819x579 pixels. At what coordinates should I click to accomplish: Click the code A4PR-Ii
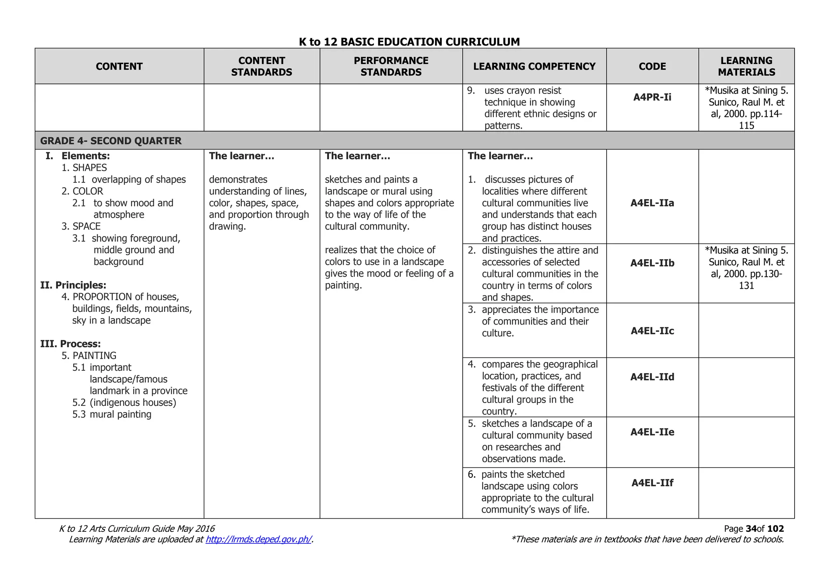[652, 97]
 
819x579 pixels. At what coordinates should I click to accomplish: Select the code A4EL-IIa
[652, 203]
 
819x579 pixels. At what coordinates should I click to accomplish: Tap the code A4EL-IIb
[652, 263]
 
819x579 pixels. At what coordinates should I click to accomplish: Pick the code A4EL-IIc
[652, 331]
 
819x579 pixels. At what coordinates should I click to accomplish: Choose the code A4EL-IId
[652, 377]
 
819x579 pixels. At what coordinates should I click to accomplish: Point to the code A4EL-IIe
[652, 432]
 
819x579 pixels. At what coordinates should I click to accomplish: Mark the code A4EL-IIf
[652, 483]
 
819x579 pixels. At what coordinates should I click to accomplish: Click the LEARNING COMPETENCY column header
[534, 66]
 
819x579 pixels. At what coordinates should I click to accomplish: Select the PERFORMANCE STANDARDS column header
[391, 66]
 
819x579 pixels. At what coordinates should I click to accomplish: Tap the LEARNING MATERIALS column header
[746, 66]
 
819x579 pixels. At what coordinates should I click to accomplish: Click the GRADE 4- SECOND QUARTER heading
[111, 141]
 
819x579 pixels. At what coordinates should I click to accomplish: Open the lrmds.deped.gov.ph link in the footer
[258, 539]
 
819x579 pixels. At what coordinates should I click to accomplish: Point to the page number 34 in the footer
[751, 529]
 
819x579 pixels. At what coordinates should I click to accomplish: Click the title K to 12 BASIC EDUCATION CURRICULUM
[409, 42]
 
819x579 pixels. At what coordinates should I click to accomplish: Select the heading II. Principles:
[73, 285]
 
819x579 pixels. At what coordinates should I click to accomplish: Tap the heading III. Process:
[70, 344]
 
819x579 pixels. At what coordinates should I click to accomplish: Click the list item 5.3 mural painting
[112, 414]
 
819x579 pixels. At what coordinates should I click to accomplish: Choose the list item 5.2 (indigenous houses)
[124, 402]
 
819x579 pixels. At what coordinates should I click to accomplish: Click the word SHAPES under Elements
[90, 168]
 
